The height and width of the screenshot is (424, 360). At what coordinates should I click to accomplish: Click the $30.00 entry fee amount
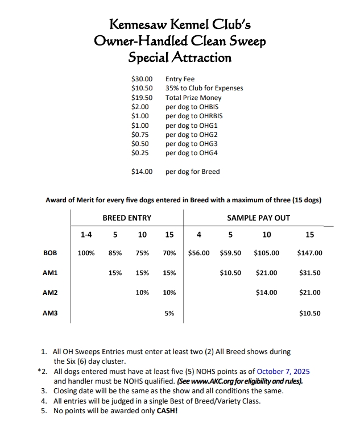[x=142, y=79]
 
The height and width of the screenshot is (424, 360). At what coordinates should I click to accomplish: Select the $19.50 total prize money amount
[x=142, y=98]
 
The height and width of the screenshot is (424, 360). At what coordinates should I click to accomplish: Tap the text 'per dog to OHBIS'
[x=192, y=107]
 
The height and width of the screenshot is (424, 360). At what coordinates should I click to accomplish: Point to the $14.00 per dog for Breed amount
[x=142, y=172]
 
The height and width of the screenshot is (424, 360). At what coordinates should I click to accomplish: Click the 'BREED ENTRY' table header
[x=127, y=218]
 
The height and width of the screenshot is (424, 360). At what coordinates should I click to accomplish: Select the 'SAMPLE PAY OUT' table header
[x=258, y=218]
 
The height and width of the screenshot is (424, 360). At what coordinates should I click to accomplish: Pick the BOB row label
[x=50, y=253]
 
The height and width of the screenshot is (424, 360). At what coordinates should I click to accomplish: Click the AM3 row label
[x=50, y=313]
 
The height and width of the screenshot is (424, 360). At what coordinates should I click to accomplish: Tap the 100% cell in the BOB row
[x=86, y=253]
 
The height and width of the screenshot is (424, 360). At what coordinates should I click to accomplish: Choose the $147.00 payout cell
[x=309, y=253]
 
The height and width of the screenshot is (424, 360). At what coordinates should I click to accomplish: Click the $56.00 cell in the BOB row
[x=198, y=253]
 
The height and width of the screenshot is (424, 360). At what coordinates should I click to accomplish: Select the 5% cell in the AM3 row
[x=169, y=313]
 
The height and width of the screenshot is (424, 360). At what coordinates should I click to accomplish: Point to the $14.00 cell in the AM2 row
[x=266, y=293]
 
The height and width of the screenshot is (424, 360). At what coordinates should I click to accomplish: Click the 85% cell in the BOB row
[x=115, y=253]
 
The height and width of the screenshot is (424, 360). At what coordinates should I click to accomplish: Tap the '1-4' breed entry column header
[x=86, y=235]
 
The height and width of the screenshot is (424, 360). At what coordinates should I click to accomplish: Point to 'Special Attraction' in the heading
[x=180, y=57]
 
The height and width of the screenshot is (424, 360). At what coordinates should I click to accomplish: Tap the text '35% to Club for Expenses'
[x=204, y=88]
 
